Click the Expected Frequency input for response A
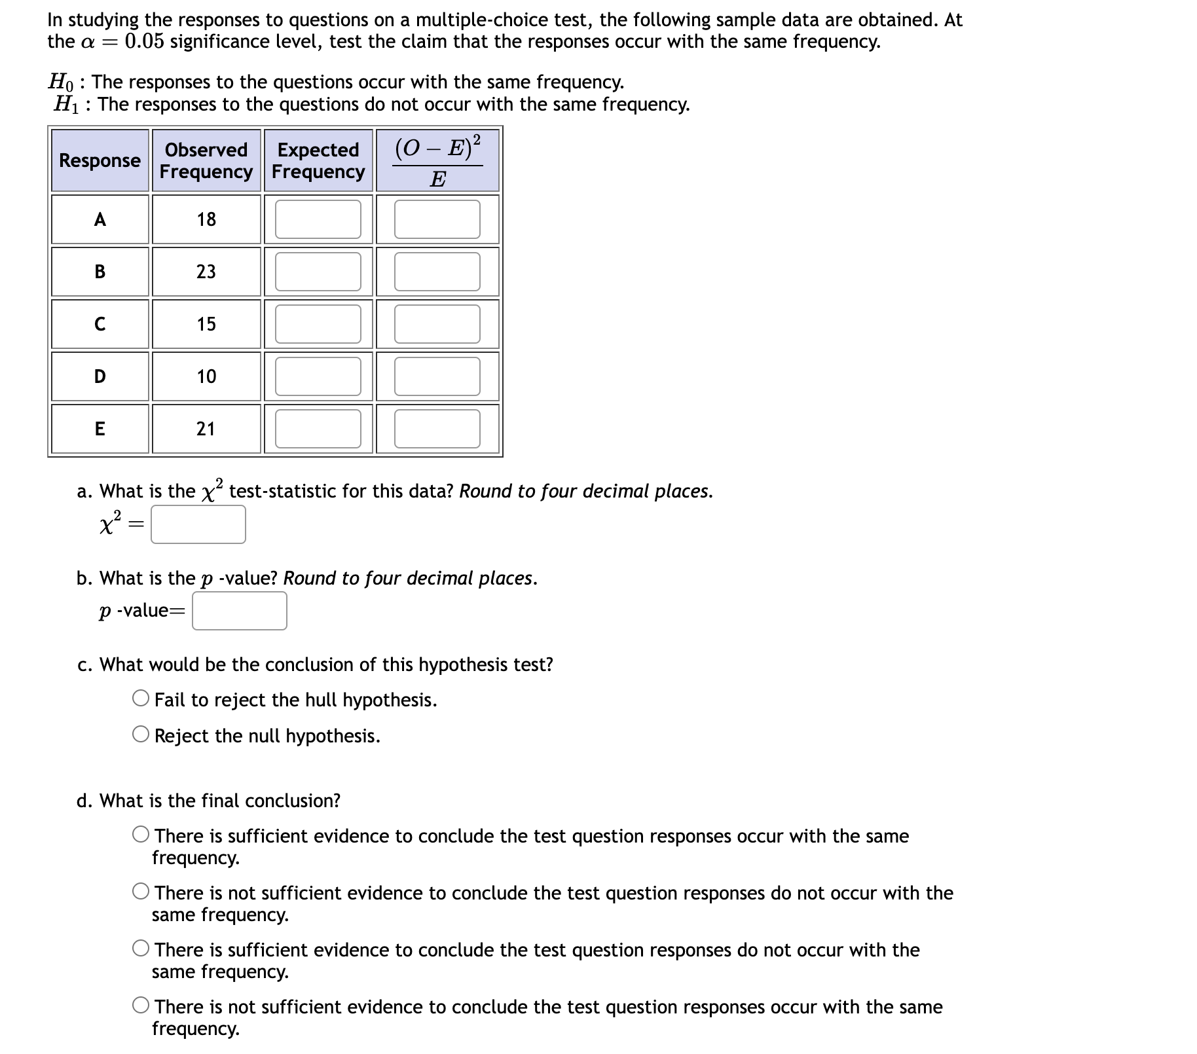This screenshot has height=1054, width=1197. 318,219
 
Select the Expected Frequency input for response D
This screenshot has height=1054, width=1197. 318,376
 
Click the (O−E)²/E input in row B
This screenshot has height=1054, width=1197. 437,272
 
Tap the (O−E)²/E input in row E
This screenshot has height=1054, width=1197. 437,429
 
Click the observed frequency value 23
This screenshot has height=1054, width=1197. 206,272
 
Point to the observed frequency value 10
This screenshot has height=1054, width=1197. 206,376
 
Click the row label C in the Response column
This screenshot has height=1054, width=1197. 100,324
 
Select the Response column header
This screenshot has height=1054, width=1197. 100,160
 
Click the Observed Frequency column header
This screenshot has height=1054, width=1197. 206,160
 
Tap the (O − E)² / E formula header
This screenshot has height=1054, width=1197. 437,160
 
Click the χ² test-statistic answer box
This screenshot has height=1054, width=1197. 198,524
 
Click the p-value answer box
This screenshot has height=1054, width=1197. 239,611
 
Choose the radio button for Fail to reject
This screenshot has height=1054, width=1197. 141,699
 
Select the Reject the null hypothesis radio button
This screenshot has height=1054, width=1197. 141,735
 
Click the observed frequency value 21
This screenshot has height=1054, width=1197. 206,429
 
